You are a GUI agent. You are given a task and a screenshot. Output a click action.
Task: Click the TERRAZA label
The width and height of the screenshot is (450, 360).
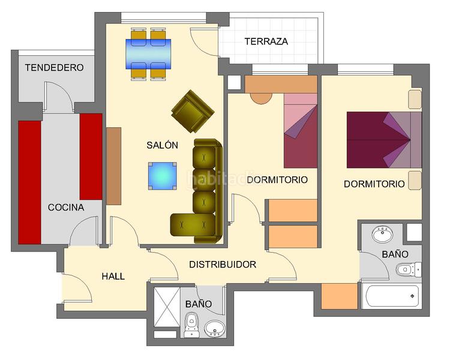pos(266,42)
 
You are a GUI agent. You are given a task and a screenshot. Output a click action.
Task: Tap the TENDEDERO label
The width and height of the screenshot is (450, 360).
pos(54,68)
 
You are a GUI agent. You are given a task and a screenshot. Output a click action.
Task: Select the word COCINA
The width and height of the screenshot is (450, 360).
pos(66,208)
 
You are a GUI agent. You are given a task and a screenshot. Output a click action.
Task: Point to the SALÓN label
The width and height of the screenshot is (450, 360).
pos(162,145)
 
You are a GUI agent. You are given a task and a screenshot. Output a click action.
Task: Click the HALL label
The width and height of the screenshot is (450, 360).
pos(113,276)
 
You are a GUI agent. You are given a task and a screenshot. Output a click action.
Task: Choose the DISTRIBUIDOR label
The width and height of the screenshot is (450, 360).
pos(223,265)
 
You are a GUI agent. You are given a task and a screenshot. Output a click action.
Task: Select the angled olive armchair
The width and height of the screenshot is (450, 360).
pos(193,112)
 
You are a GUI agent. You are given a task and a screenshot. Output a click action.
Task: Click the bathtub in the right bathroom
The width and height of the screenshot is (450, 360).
pos(391,295)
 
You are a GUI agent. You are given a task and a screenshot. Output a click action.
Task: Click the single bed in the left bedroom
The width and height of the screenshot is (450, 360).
pos(300,130)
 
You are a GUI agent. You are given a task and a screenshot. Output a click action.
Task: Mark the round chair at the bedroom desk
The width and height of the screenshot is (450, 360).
pos(260,97)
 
